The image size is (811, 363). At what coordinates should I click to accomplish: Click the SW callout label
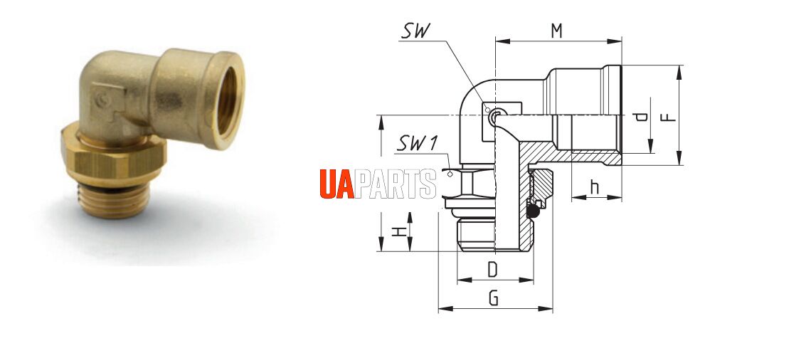[415, 31]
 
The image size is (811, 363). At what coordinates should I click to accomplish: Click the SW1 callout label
[418, 144]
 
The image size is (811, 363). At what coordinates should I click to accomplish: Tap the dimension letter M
[556, 31]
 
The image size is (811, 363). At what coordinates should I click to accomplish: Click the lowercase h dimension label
[595, 187]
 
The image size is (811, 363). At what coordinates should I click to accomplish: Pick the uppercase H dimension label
[398, 231]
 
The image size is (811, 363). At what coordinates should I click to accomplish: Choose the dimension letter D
[492, 269]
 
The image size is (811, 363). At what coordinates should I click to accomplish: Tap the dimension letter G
[494, 298]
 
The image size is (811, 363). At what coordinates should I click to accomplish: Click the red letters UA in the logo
[336, 184]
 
